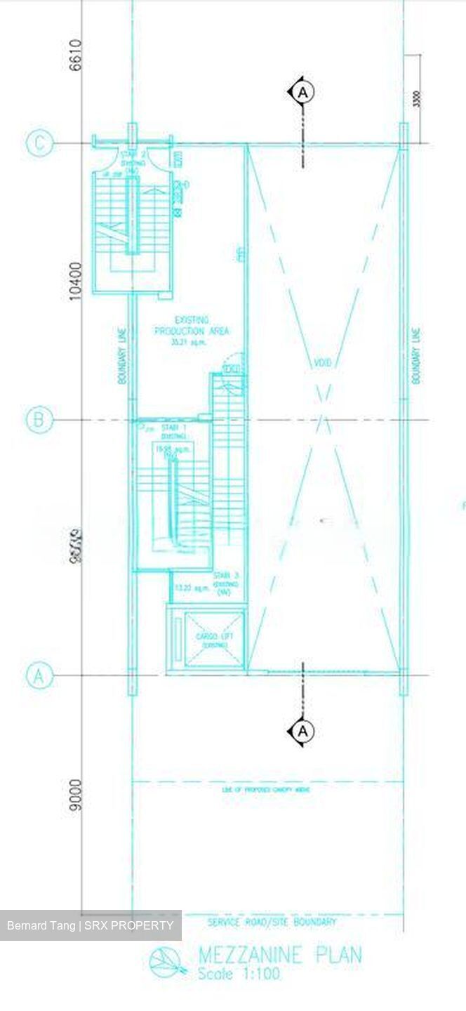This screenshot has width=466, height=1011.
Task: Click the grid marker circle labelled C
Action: (x=39, y=144)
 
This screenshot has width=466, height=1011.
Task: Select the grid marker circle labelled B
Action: (x=39, y=421)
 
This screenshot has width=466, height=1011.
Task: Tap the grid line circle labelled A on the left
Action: (x=39, y=675)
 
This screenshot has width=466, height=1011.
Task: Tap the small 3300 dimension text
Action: (x=418, y=99)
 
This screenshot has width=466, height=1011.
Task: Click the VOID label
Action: (x=322, y=363)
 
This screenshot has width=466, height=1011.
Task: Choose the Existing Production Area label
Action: (x=192, y=331)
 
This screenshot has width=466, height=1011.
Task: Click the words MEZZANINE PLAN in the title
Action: (x=280, y=956)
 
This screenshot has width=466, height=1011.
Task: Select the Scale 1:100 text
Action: (x=239, y=974)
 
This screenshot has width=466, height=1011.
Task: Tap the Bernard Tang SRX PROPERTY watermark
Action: (x=90, y=925)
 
